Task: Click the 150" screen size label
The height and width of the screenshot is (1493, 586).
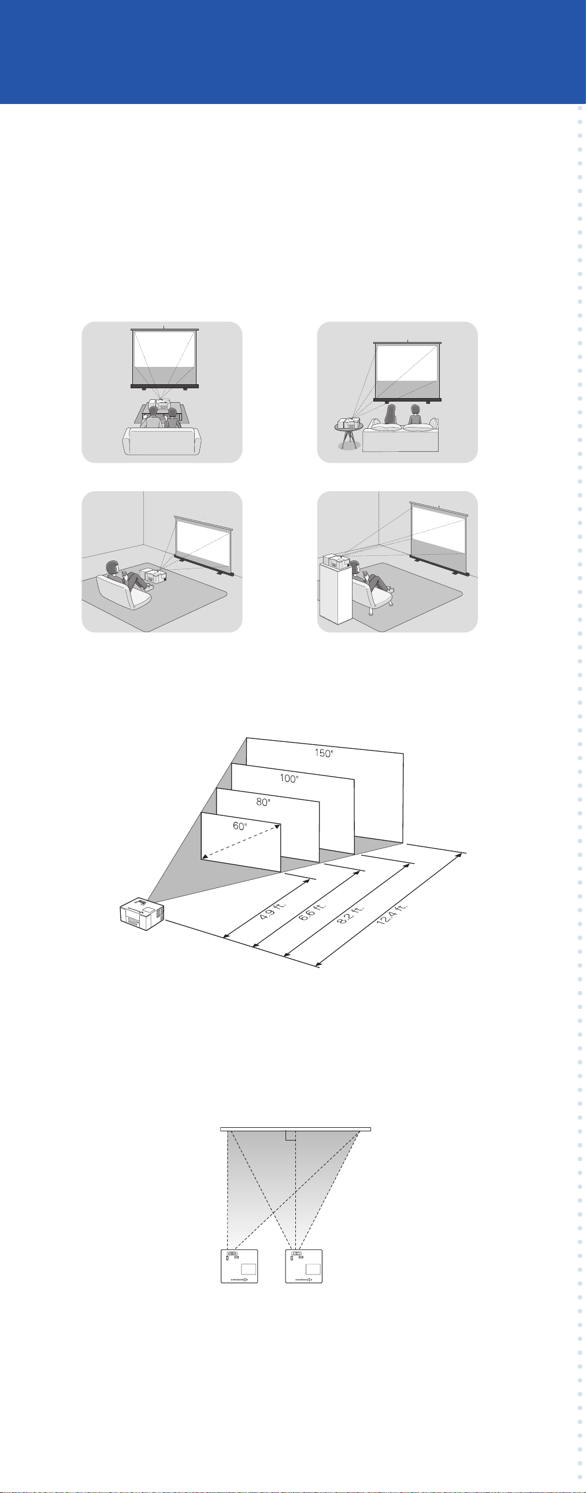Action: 324,753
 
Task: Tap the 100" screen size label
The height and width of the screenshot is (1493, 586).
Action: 288,778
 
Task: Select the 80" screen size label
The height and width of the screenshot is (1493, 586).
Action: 263,802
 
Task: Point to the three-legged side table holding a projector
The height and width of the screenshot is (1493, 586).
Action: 349,434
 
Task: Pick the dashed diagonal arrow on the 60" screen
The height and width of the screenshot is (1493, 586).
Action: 240,842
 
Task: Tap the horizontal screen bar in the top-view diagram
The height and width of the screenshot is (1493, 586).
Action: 296,1129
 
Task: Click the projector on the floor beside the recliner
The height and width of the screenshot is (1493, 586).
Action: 153,576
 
